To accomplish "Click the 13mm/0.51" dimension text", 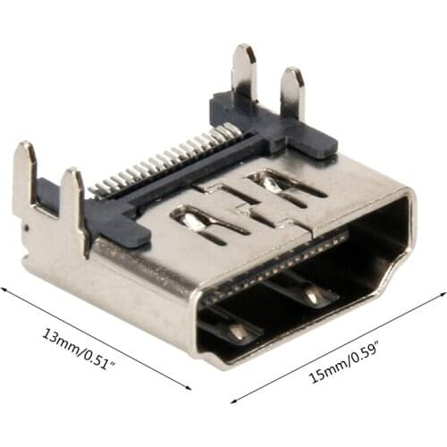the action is click(78, 349).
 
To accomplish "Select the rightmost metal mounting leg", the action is click(292, 93).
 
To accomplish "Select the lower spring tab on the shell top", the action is click(208, 224).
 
